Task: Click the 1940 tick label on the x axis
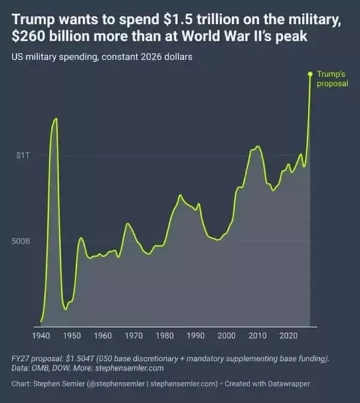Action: point(41,335)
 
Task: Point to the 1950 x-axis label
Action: point(72,335)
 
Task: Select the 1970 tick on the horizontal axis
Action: point(134,335)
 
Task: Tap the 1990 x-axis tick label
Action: point(196,335)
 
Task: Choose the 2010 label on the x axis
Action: point(257,335)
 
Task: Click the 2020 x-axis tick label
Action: point(289,335)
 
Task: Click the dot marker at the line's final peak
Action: point(310,74)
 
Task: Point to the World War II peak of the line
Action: point(56,118)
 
